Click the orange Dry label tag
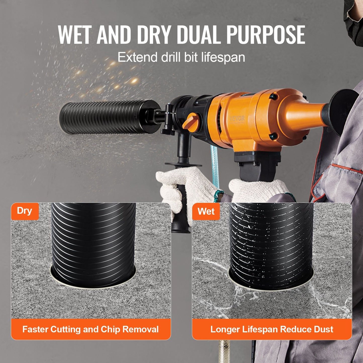(x=25, y=211)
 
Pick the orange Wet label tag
(x=206, y=211)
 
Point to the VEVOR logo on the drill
(x=237, y=118)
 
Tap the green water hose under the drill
(x=215, y=163)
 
